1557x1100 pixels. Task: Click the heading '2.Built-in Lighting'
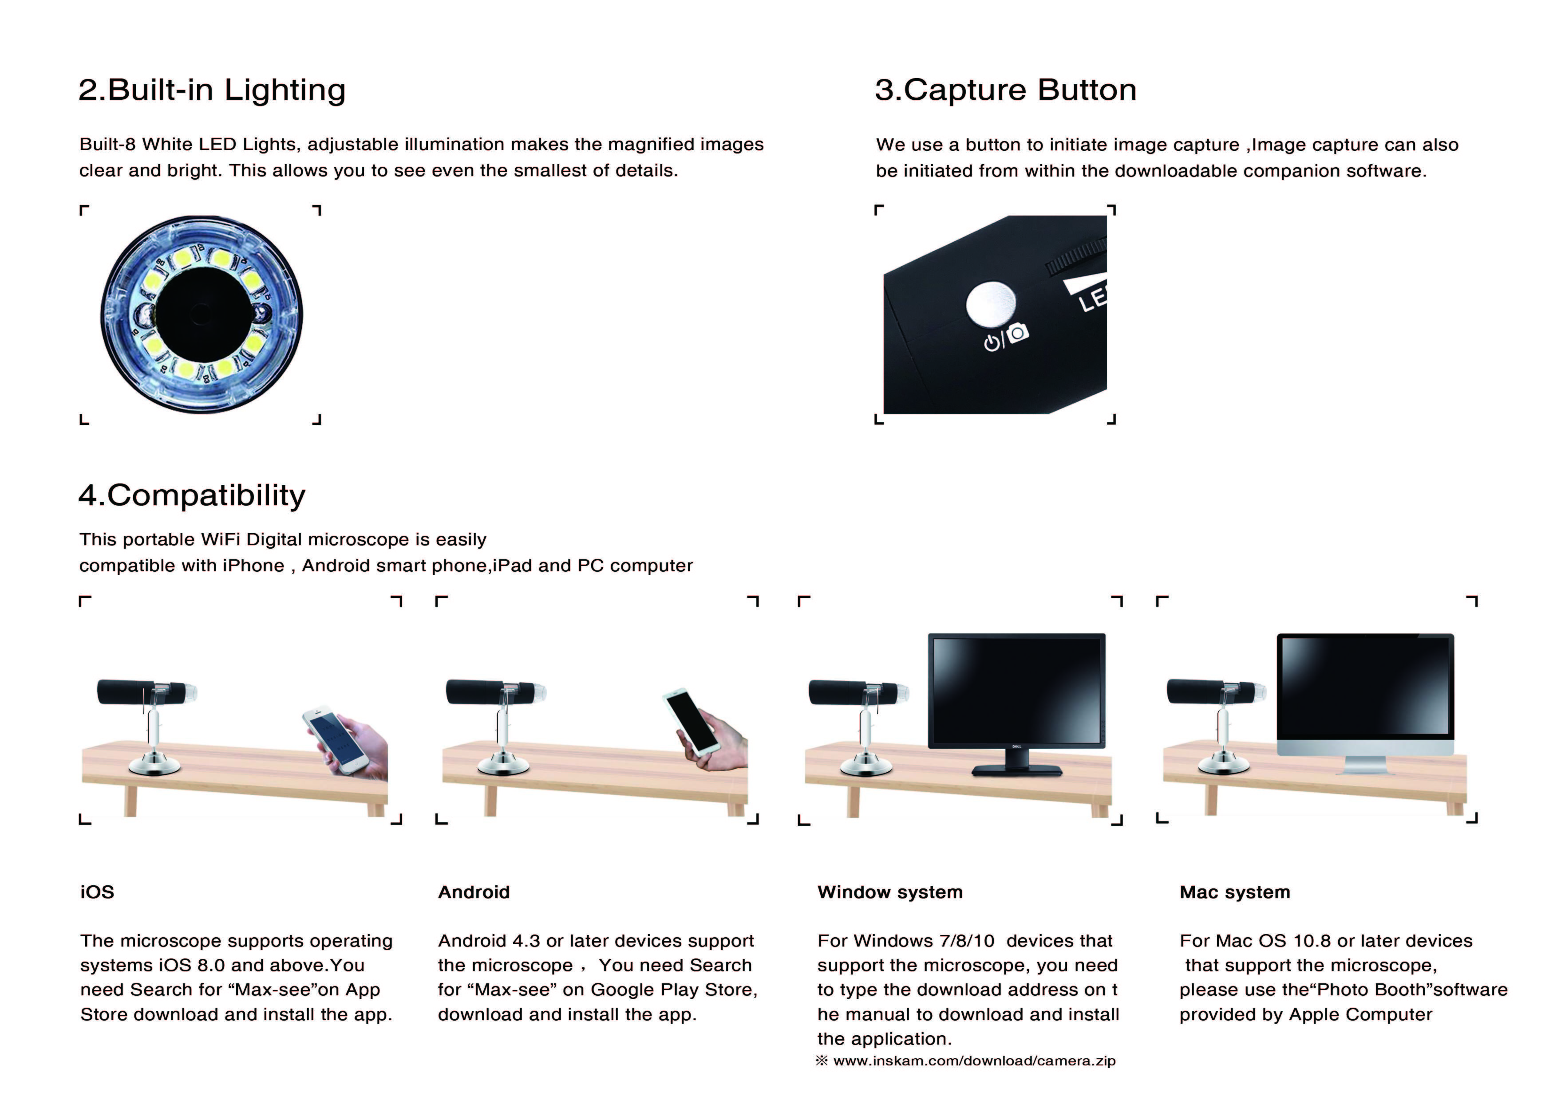pyautogui.click(x=212, y=90)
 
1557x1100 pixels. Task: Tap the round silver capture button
pyautogui.click(x=992, y=304)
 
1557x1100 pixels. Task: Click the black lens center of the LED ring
pyautogui.click(x=201, y=314)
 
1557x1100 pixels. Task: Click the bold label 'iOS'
pyautogui.click(x=97, y=892)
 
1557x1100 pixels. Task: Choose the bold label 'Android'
pyautogui.click(x=473, y=892)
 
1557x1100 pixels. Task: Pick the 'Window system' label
pyautogui.click(x=890, y=892)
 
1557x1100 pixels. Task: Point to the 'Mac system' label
pyautogui.click(x=1234, y=892)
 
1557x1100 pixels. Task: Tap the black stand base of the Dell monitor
pyautogui.click(x=1016, y=770)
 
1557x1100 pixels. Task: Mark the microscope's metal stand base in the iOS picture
pyautogui.click(x=154, y=766)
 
